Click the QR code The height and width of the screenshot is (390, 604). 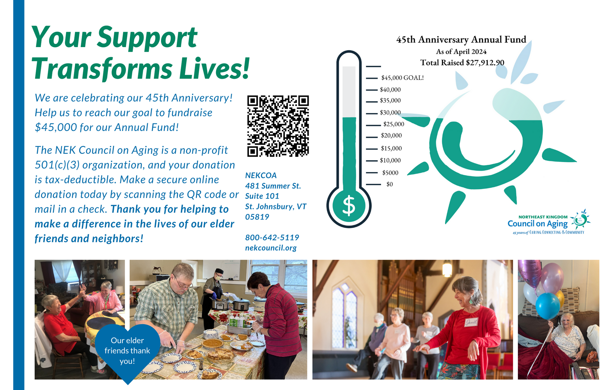coord(278,126)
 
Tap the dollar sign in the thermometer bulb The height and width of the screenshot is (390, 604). coord(349,206)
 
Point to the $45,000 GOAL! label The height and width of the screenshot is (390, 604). coord(402,78)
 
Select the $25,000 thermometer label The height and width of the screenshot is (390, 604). coord(394,124)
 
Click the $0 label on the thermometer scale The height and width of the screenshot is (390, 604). coord(389,184)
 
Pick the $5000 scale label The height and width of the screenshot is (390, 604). coord(390,173)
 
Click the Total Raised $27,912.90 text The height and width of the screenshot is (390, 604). coord(462,62)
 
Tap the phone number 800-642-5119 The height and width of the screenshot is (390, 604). coord(272,237)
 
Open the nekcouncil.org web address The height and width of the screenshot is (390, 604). coord(271,248)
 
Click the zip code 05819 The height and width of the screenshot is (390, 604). coord(257,217)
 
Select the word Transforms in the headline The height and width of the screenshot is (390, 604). coord(102,69)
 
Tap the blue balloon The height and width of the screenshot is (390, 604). coord(548,306)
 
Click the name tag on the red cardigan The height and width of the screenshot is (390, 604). coord(471,322)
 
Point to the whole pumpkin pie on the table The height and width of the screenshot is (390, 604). coord(212,344)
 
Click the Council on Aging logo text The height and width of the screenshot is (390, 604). coord(537,224)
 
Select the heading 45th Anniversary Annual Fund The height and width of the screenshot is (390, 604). coord(461,40)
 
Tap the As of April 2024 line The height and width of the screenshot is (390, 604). coord(461,51)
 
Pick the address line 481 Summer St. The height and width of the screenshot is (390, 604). coord(273,186)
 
